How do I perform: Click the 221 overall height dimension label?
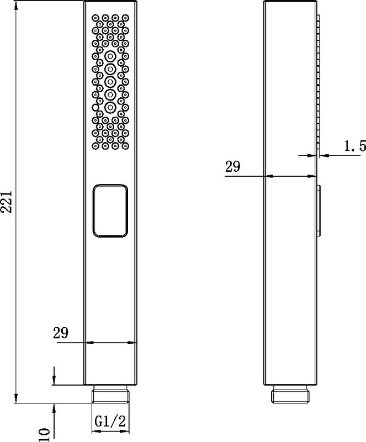(x=7, y=202)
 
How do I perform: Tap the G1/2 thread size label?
(x=110, y=422)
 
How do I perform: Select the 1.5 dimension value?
(x=354, y=146)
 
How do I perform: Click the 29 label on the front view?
(x=61, y=333)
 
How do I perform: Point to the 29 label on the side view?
(x=233, y=166)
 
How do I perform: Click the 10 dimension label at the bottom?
(x=44, y=434)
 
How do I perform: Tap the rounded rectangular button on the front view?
(x=110, y=211)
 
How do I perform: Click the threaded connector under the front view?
(x=110, y=394)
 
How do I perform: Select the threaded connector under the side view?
(x=290, y=394)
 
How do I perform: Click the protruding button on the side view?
(x=319, y=210)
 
